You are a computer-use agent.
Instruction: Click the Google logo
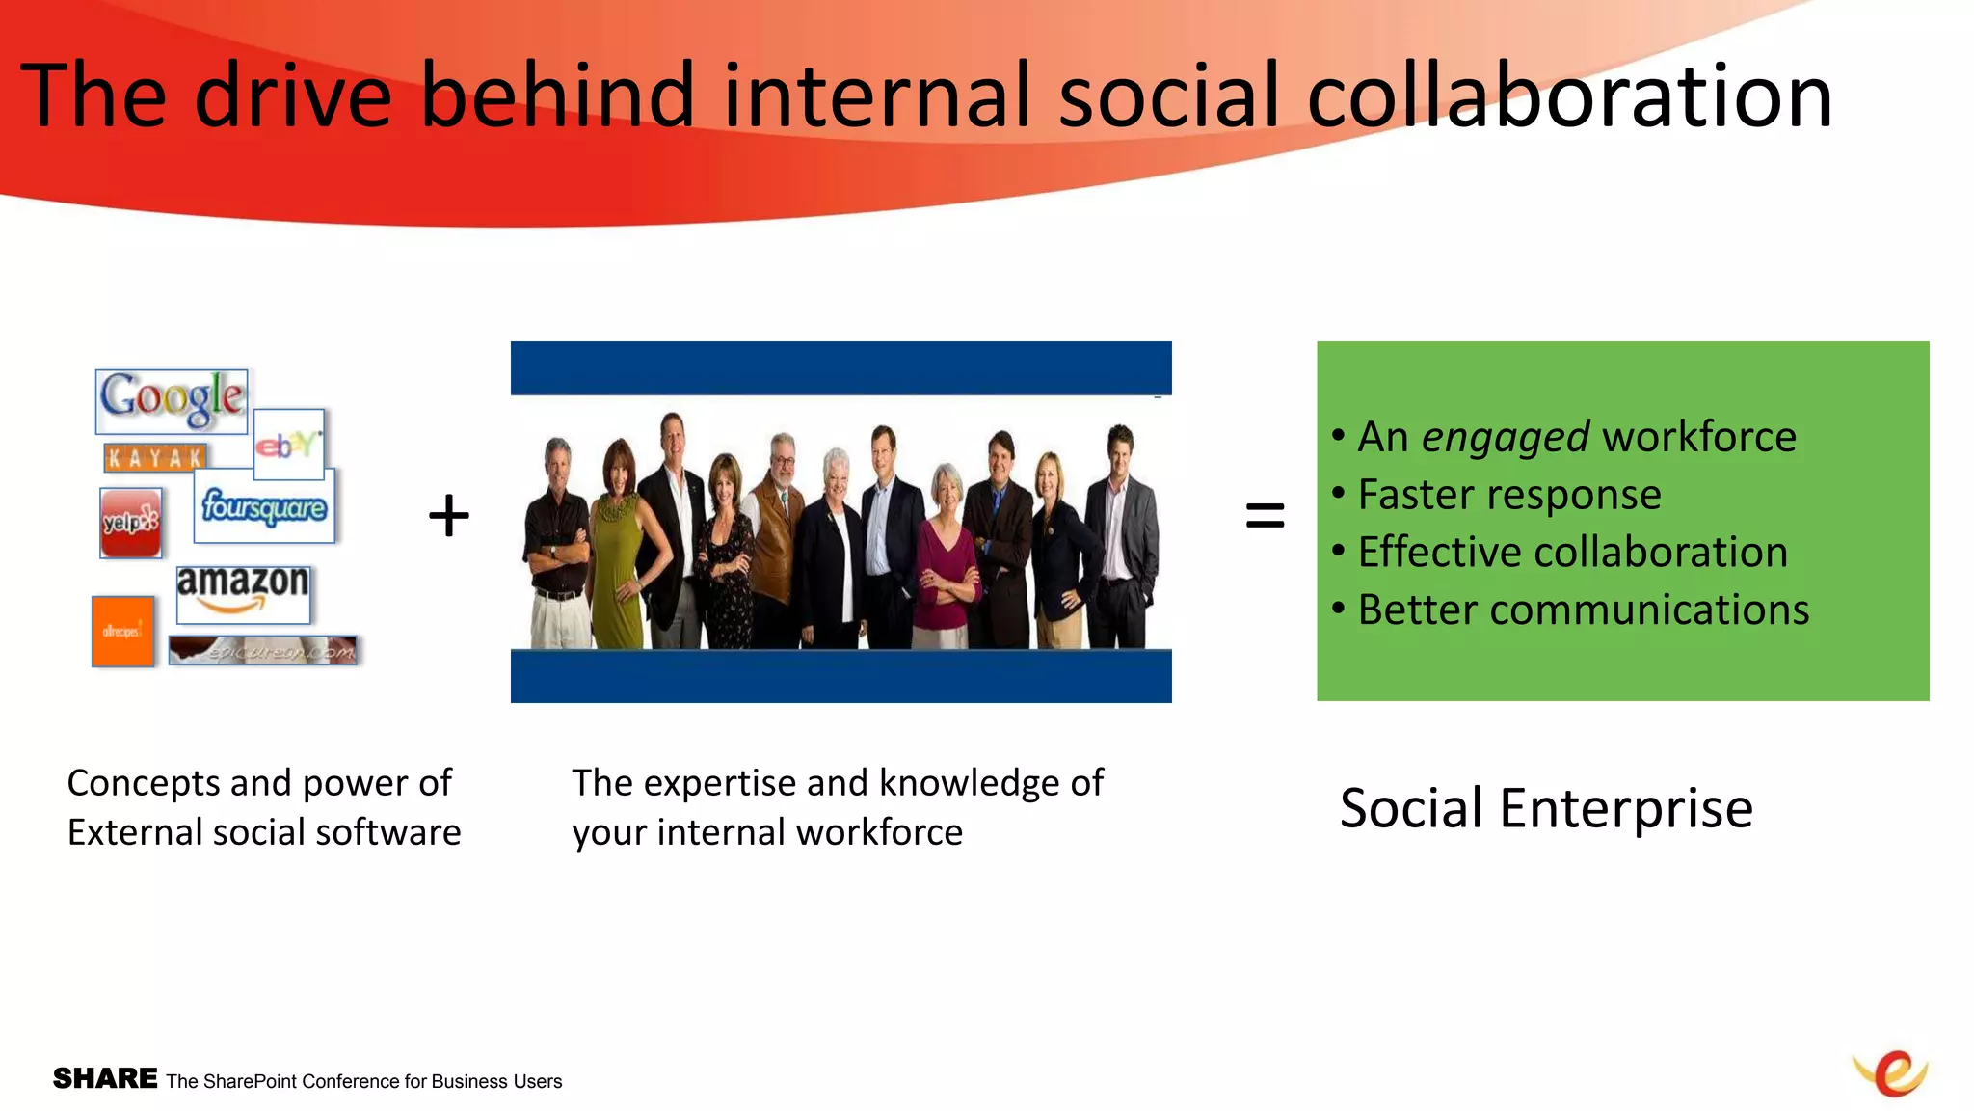tap(172, 400)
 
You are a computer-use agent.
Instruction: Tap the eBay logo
tap(287, 445)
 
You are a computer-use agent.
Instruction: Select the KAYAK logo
tap(155, 458)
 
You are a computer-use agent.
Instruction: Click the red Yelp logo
tap(130, 522)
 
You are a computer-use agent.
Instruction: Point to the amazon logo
tap(243, 592)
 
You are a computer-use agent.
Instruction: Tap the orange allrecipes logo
tap(122, 632)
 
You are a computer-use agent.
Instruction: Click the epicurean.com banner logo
tap(262, 651)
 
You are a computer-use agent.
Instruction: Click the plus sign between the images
tap(449, 516)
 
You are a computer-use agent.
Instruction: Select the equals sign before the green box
tap(1265, 515)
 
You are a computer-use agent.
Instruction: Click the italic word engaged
tap(1505, 438)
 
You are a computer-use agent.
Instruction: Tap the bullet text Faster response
tap(1508, 495)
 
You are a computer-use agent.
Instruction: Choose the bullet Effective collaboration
tap(1572, 553)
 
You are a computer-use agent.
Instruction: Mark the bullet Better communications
tap(1583, 610)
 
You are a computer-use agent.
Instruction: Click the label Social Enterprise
tap(1546, 808)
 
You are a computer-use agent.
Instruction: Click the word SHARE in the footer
tap(105, 1078)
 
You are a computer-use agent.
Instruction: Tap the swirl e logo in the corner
tap(1891, 1072)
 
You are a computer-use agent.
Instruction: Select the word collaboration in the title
tap(1569, 95)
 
